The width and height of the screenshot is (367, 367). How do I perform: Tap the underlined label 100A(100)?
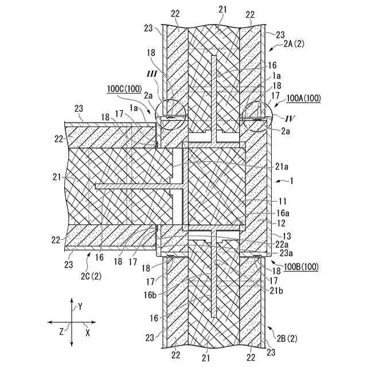(x=304, y=99)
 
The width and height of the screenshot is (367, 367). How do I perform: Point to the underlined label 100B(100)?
(x=303, y=267)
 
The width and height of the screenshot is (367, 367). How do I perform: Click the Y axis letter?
(x=80, y=307)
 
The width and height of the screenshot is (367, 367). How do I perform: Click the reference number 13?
(x=279, y=235)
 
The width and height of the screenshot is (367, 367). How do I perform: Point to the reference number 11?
(x=279, y=201)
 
